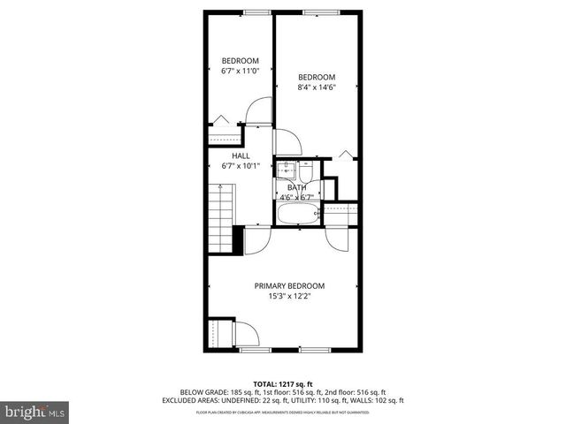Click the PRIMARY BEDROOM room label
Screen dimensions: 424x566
(x=289, y=285)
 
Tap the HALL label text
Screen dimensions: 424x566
(x=241, y=155)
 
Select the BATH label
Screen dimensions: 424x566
(x=296, y=187)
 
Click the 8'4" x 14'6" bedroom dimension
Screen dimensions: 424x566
(x=316, y=87)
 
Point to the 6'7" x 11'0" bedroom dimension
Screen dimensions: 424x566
(x=240, y=71)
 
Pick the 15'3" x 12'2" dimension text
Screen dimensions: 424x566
(x=289, y=296)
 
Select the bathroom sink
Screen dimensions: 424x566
(x=287, y=170)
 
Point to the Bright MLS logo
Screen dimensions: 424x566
(x=34, y=411)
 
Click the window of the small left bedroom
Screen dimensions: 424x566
(x=256, y=11)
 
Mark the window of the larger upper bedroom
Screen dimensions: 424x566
(x=317, y=11)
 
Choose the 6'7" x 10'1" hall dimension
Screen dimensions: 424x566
(x=241, y=165)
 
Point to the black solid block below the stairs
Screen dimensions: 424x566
(x=237, y=239)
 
